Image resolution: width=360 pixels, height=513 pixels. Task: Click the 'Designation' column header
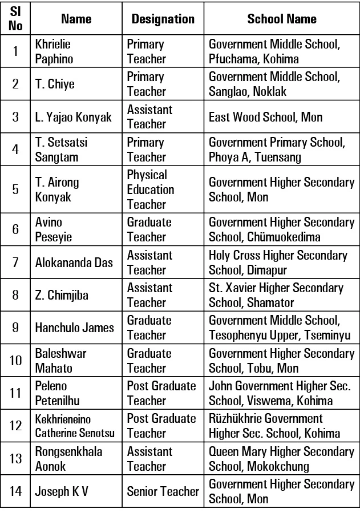pyautogui.click(x=163, y=19)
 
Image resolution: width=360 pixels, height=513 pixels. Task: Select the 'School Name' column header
pyautogui.click(x=281, y=19)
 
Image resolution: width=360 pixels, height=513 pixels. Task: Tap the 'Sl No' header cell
pyautogui.click(x=16, y=19)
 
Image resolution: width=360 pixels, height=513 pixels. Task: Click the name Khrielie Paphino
pyautogui.click(x=54, y=51)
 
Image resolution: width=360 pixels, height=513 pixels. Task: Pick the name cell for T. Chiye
pyautogui.click(x=55, y=84)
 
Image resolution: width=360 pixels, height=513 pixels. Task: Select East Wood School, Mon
pyautogui.click(x=265, y=117)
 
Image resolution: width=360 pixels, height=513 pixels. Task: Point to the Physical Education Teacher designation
pyautogui.click(x=151, y=189)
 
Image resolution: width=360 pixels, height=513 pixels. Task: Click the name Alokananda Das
pyautogui.click(x=74, y=262)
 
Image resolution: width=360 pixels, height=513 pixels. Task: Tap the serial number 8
pyautogui.click(x=16, y=295)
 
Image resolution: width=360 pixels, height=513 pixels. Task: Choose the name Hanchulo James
pyautogui.click(x=74, y=328)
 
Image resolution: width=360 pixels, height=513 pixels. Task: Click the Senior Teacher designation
pyautogui.click(x=163, y=491)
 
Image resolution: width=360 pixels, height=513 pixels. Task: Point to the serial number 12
pyautogui.click(x=16, y=426)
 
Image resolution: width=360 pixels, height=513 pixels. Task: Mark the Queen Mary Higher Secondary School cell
pyautogui.click(x=281, y=459)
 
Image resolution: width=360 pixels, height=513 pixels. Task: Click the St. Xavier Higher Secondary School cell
pyautogui.click(x=277, y=295)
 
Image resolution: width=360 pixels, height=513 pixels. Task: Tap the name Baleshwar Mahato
pyautogui.click(x=60, y=361)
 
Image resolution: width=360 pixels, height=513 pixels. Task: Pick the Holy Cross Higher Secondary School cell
pyautogui.click(x=278, y=262)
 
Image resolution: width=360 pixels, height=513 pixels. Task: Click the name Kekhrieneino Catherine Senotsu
pyautogui.click(x=74, y=426)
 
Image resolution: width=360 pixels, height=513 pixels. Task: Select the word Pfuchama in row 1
pyautogui.click(x=233, y=59)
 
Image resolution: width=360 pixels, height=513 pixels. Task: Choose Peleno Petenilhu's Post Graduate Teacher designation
pyautogui.click(x=161, y=393)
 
